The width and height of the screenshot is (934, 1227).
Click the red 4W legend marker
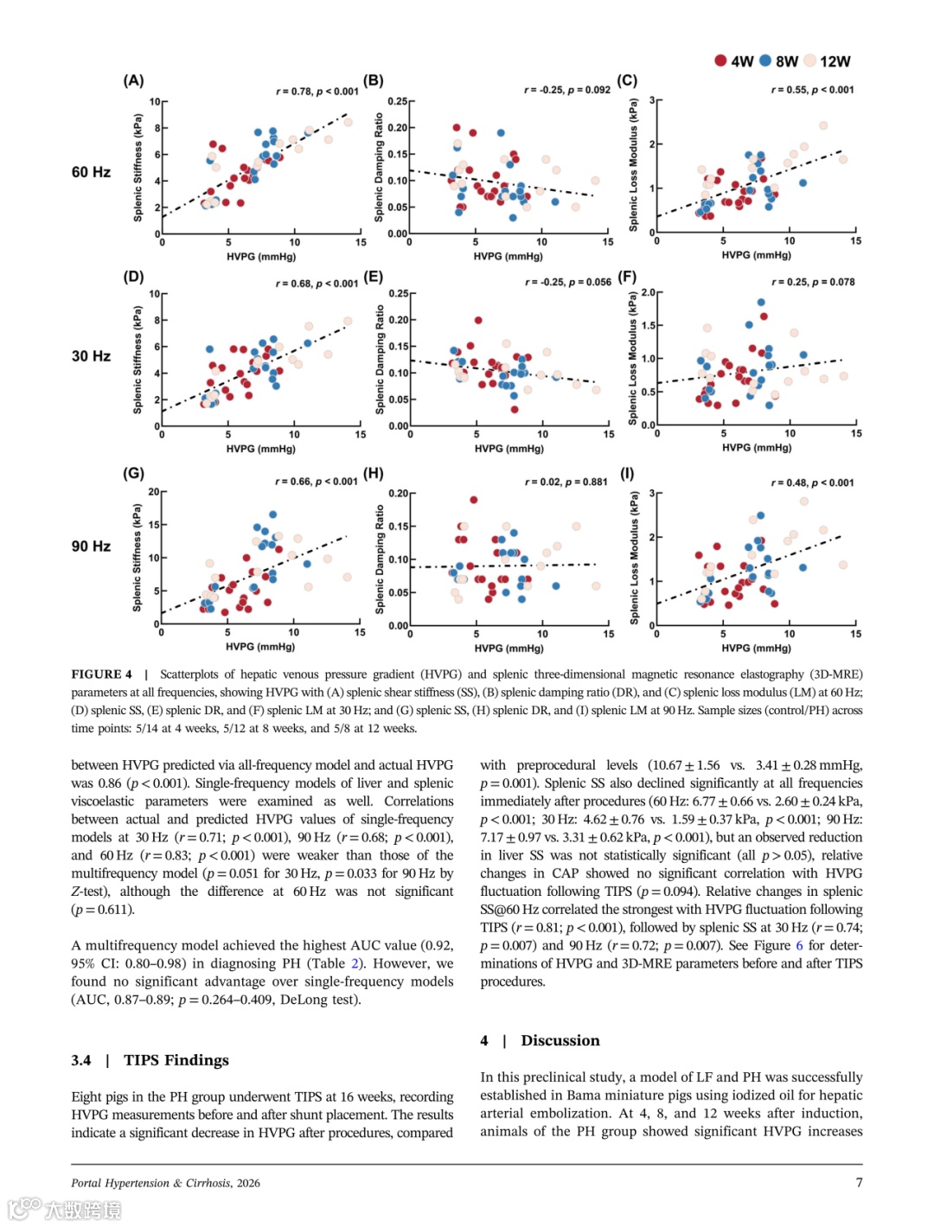click(720, 61)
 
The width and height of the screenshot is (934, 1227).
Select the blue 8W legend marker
click(765, 61)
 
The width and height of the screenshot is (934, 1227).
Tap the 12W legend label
click(835, 61)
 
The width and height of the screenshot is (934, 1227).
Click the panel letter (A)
click(133, 80)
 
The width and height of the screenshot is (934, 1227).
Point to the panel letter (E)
click(374, 277)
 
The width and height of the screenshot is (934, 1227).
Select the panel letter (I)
click(627, 473)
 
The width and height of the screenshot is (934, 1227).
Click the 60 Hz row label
click(91, 172)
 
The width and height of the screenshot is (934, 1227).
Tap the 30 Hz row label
click(91, 356)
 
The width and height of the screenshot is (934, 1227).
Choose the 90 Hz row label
click(91, 546)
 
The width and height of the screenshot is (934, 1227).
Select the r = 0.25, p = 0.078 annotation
click(813, 282)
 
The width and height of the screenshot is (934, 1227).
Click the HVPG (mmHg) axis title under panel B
click(509, 256)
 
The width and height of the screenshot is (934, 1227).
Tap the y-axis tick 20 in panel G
click(153, 492)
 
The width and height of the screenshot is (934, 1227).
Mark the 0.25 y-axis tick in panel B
click(397, 101)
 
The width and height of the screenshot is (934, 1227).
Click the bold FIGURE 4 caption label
click(102, 674)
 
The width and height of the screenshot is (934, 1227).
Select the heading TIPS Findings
click(176, 1060)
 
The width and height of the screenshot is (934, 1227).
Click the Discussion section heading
click(560, 1040)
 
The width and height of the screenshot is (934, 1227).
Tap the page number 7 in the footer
click(859, 1183)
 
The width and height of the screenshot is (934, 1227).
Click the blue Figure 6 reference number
click(799, 945)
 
